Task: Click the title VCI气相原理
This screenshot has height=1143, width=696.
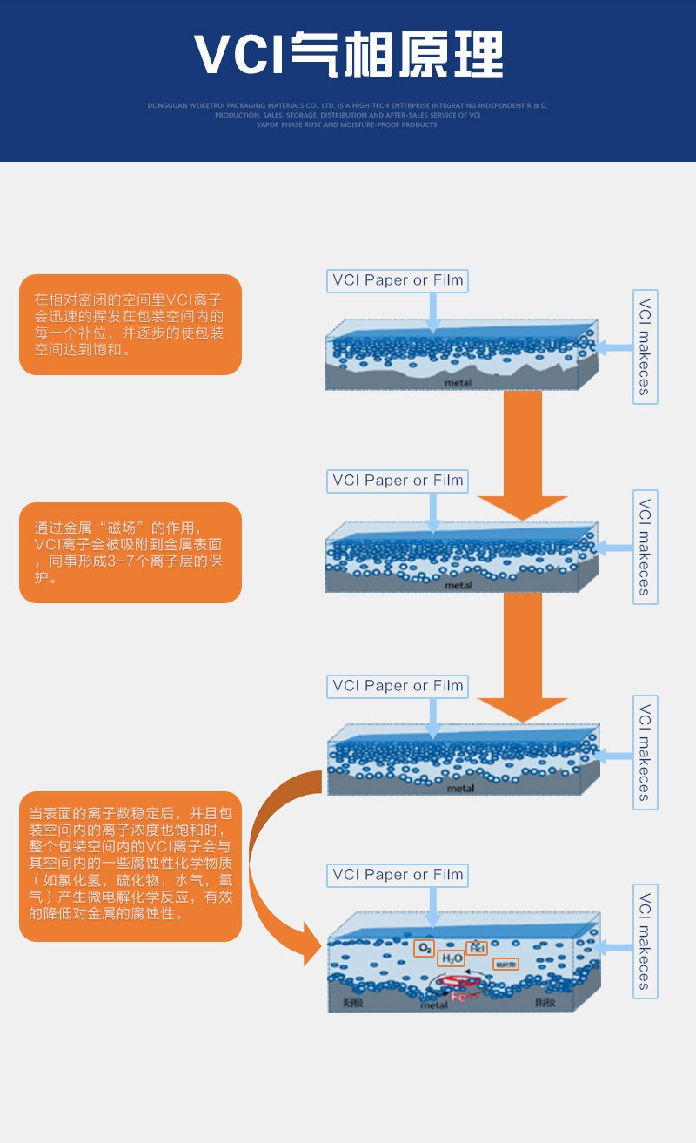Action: tap(348, 56)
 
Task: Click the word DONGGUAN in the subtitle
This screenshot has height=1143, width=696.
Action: tap(166, 105)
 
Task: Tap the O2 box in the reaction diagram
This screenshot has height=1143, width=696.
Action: tap(425, 948)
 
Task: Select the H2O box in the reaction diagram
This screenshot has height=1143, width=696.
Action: tap(452, 958)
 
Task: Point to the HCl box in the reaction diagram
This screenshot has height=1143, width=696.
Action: tap(477, 948)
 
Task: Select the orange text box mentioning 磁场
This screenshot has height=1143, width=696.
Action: tap(130, 553)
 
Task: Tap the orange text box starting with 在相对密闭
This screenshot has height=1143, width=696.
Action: tap(130, 325)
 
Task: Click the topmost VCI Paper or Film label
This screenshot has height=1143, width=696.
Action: tap(398, 280)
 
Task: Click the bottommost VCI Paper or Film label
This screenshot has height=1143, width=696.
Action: tap(398, 875)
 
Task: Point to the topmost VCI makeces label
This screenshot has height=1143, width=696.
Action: tap(645, 346)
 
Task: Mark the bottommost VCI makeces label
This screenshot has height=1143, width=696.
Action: tap(645, 941)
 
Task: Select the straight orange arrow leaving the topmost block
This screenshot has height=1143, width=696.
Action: tap(523, 453)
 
